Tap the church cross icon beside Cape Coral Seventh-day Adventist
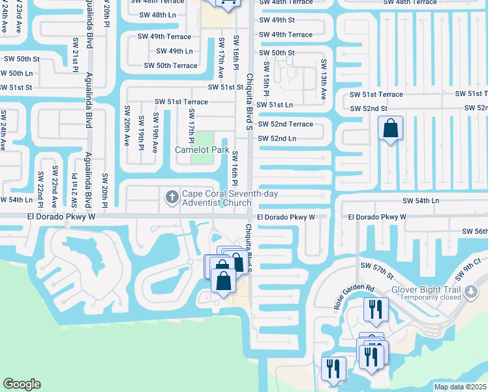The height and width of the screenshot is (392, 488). click(x=172, y=196)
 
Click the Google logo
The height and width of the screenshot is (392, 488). click(x=22, y=384)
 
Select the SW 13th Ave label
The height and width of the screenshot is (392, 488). click(x=323, y=79)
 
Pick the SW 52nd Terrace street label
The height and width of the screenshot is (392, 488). click(x=285, y=124)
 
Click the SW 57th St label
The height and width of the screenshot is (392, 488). click(x=377, y=270)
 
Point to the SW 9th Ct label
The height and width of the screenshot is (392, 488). click(x=472, y=262)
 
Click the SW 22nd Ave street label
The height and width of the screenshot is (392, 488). click(x=54, y=188)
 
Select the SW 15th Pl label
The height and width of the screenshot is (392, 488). click(x=266, y=79)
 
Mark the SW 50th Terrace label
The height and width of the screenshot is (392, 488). click(x=170, y=65)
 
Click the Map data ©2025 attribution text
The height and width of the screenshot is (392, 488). click(x=460, y=386)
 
